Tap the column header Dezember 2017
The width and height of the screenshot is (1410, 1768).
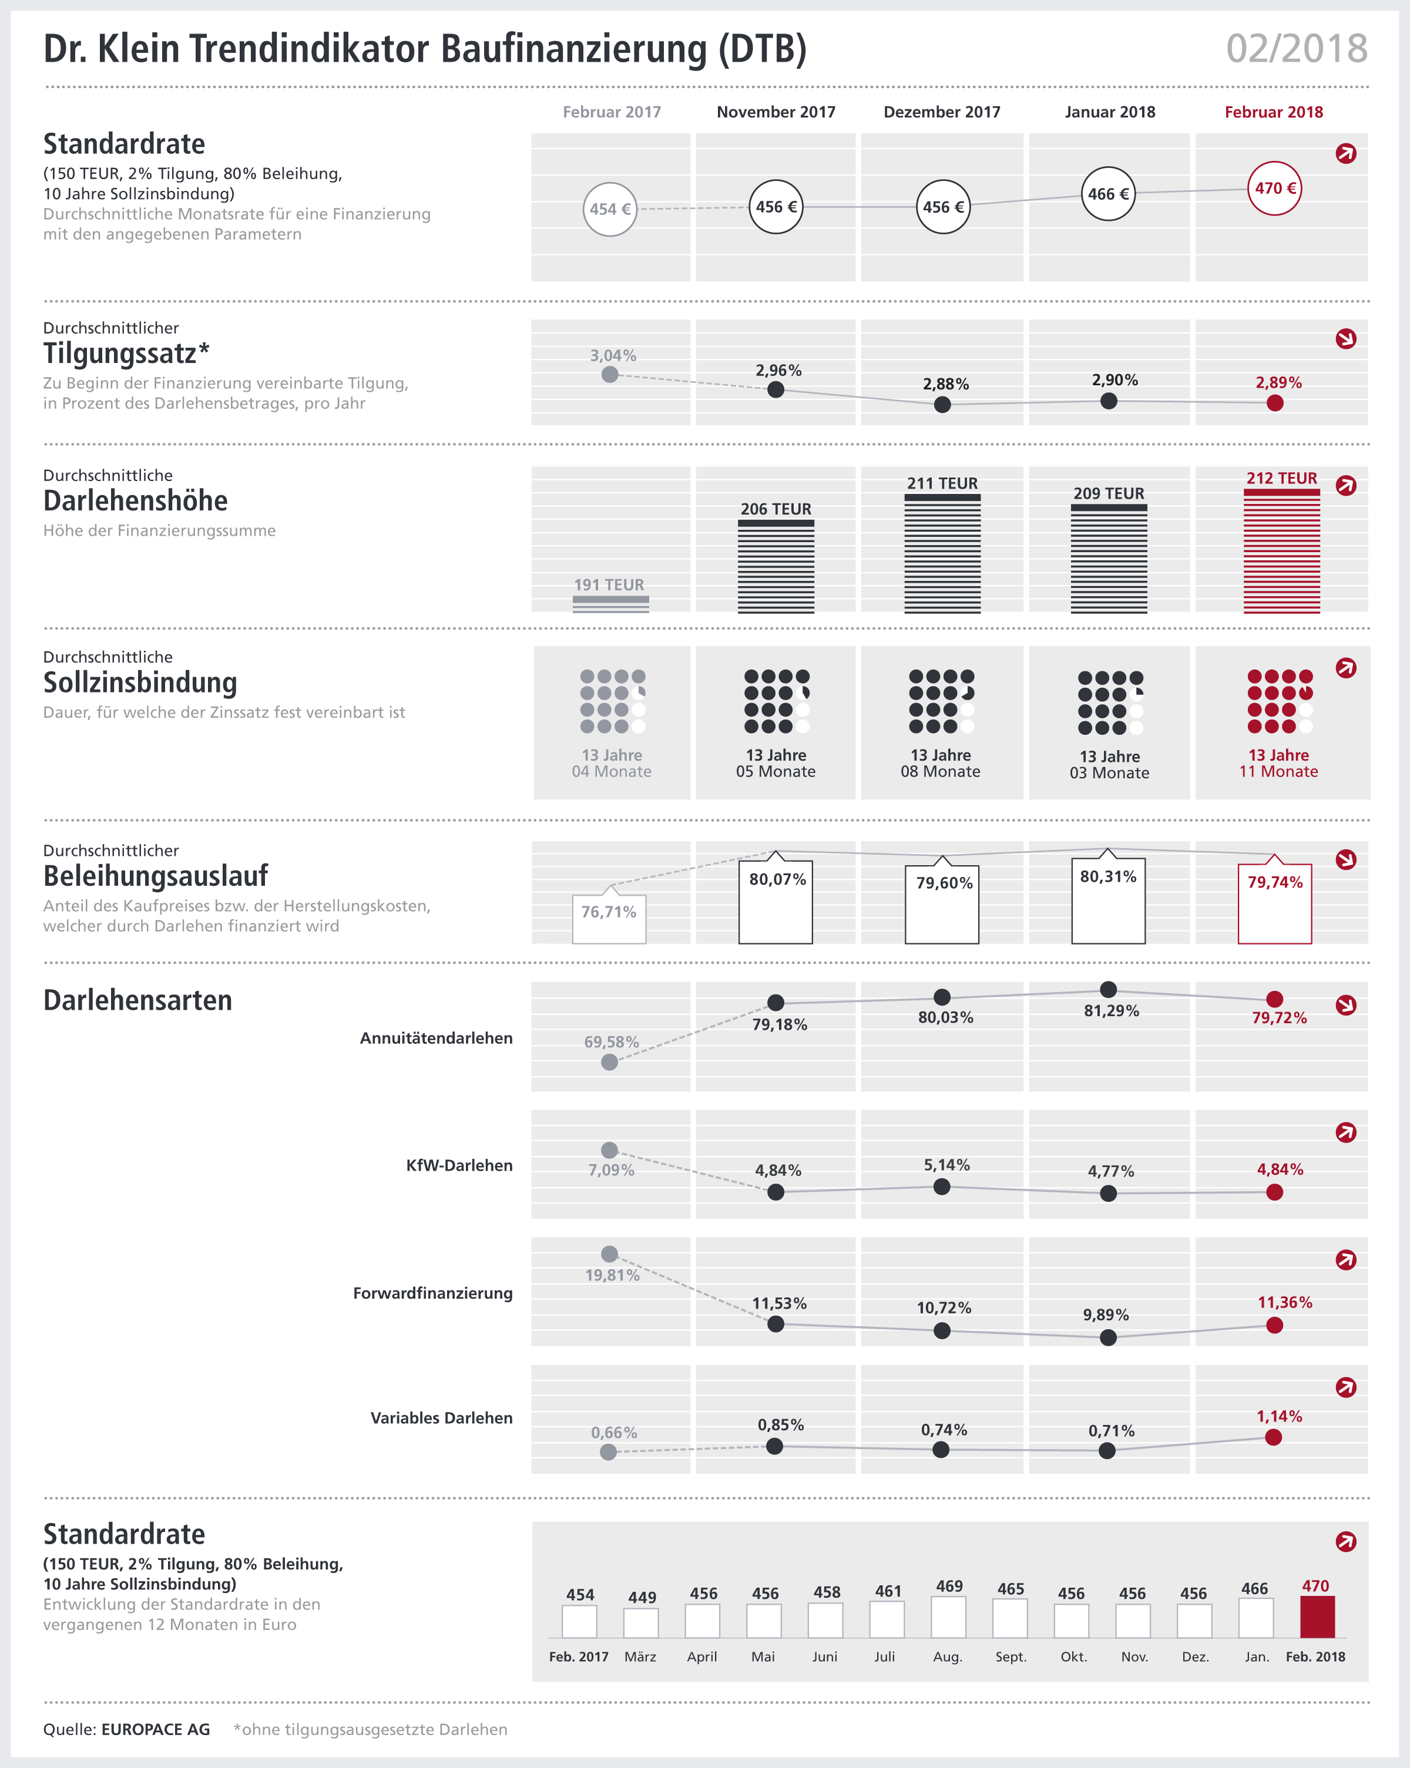tap(942, 112)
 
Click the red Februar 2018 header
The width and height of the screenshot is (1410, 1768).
tap(1273, 112)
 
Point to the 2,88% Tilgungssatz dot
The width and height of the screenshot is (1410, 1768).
tap(942, 404)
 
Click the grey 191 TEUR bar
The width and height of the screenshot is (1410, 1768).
tap(610, 604)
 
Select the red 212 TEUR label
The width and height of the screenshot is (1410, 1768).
tap(1281, 478)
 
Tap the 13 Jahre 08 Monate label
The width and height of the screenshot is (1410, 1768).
tap(940, 764)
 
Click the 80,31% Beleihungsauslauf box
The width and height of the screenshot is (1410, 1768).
tap(1108, 900)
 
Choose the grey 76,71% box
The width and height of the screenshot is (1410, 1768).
tap(609, 919)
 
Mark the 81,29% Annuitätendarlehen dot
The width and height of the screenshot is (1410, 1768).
tap(1108, 989)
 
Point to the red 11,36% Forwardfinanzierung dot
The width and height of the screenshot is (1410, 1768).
tap(1275, 1325)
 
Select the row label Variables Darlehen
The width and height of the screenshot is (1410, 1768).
tap(441, 1418)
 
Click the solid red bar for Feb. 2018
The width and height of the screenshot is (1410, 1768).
tap(1317, 1616)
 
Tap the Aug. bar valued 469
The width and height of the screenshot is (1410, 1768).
tap(948, 1616)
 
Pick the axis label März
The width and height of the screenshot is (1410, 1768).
tap(640, 1656)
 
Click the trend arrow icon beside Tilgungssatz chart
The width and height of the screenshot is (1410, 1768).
tap(1346, 339)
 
